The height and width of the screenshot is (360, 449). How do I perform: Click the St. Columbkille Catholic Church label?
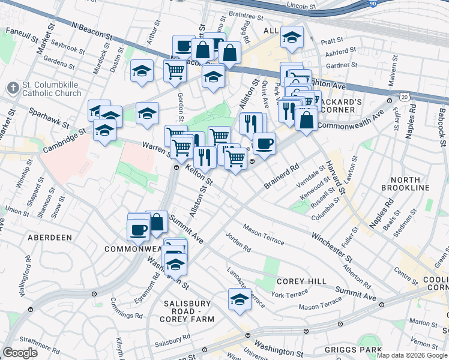(51, 89)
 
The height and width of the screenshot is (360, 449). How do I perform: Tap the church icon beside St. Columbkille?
(13, 88)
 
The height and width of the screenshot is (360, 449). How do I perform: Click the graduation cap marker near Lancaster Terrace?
(240, 300)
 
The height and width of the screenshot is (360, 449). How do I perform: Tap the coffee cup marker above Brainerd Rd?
(264, 145)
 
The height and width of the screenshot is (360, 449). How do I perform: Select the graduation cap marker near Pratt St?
(292, 38)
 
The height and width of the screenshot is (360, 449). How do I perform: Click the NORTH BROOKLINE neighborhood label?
(410, 184)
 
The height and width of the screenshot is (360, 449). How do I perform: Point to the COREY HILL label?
(301, 281)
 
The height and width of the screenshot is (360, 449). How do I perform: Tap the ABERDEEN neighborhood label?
(50, 238)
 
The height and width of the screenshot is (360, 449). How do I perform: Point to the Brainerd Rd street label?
(281, 175)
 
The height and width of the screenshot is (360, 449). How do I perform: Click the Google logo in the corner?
(20, 352)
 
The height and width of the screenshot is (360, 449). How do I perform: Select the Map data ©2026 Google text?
(411, 355)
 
